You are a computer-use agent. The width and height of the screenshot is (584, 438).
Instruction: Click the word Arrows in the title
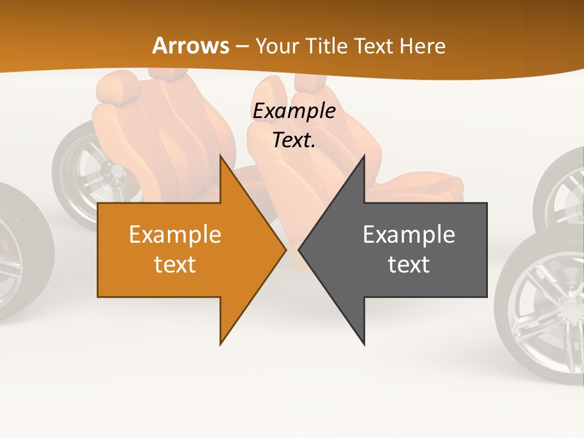191,46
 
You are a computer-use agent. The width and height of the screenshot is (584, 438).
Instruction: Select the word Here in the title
422,46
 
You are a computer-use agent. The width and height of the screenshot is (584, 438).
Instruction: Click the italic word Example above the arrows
294,111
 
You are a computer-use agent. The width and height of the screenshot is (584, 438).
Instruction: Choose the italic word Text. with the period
294,140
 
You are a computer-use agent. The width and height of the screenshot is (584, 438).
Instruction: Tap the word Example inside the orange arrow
175,234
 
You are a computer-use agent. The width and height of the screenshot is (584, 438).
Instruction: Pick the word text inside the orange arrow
175,265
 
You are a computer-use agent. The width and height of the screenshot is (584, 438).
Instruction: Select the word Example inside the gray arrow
409,234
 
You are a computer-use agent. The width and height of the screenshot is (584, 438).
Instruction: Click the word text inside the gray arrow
409,265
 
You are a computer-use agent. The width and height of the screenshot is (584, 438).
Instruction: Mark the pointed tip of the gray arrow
299,249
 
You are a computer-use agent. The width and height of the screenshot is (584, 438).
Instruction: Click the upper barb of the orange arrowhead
222,159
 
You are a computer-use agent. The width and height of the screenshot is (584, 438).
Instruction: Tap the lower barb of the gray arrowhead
363,341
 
